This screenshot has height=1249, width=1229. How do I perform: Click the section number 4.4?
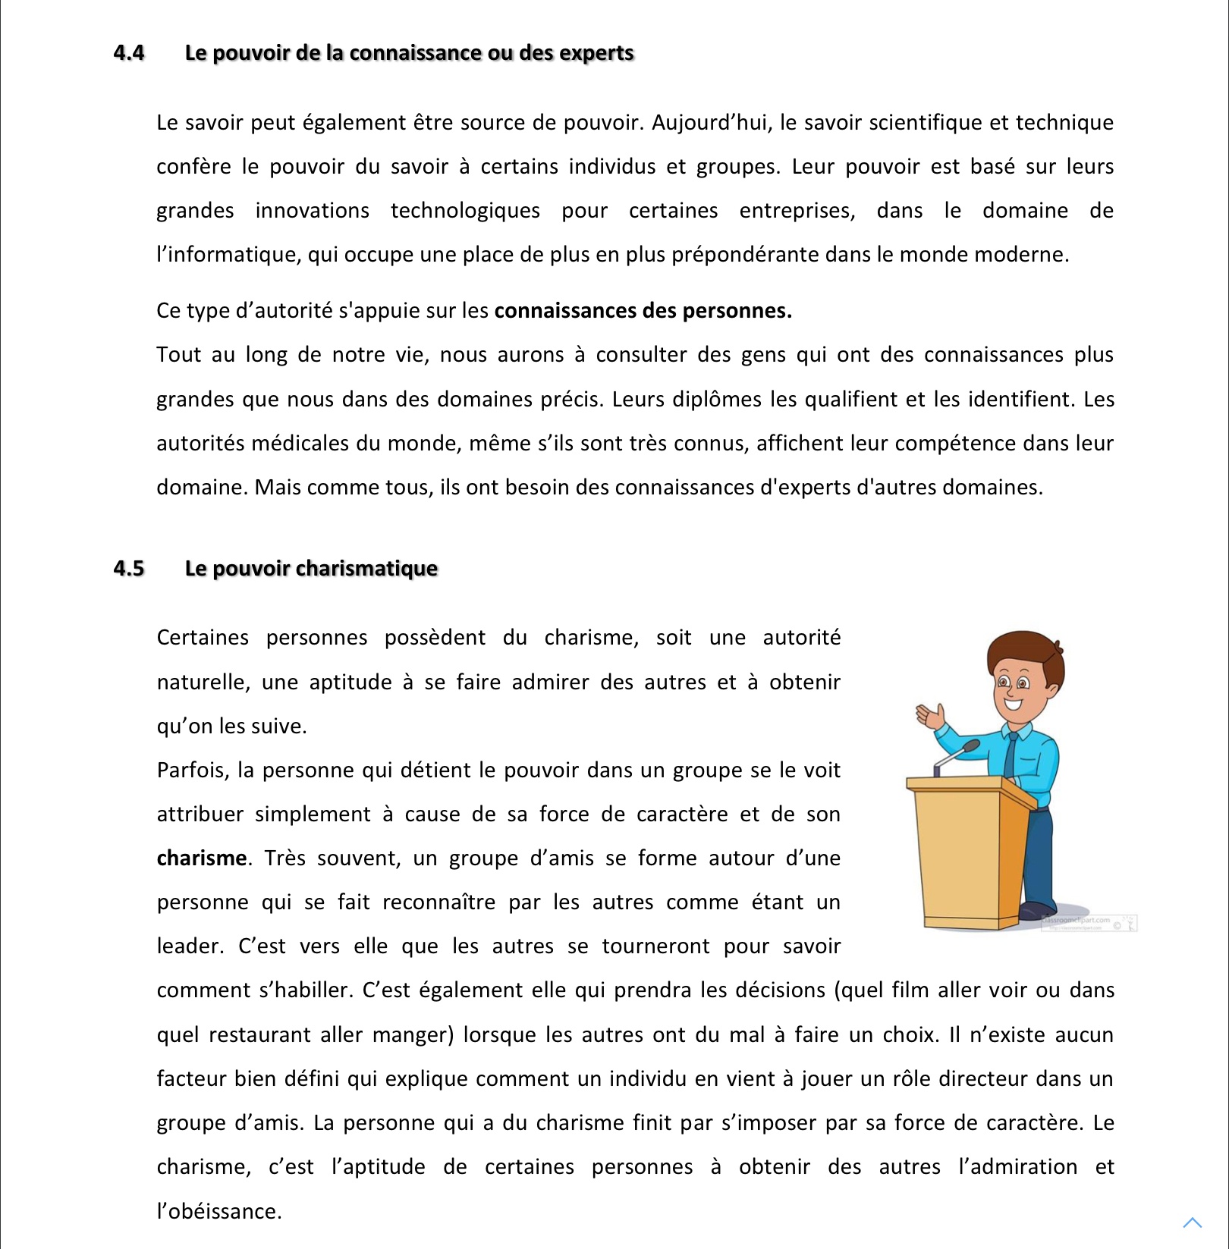pyautogui.click(x=129, y=52)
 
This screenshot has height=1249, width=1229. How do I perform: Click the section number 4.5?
pyautogui.click(x=129, y=568)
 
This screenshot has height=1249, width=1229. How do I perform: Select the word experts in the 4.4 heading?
pyautogui.click(x=596, y=53)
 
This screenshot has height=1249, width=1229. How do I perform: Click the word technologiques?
pyautogui.click(x=465, y=210)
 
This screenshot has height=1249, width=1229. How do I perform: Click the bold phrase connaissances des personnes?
pyautogui.click(x=643, y=311)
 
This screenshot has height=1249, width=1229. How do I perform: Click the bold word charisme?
pyautogui.click(x=202, y=858)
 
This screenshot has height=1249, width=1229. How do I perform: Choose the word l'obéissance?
pyautogui.click(x=219, y=1211)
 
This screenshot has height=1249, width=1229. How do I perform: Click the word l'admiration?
pyautogui.click(x=1017, y=1166)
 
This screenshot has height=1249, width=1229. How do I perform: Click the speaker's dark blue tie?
pyautogui.click(x=1011, y=755)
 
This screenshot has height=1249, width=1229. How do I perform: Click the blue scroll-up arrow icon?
pyautogui.click(x=1193, y=1222)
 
